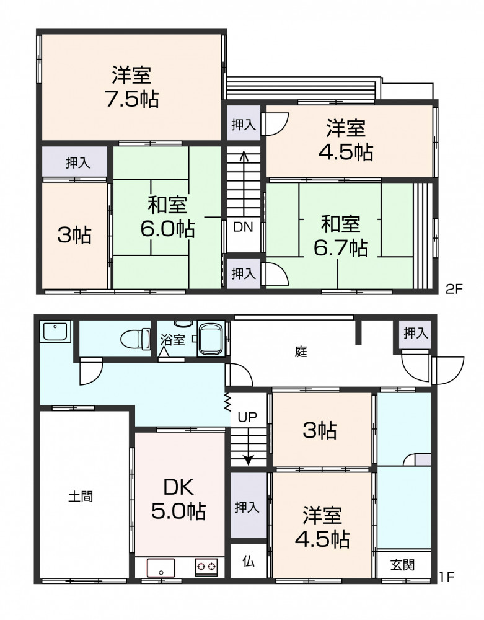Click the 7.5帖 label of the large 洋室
tap(132, 99)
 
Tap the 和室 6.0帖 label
tap(167, 216)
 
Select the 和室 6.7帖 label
tap(341, 236)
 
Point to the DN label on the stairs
tap(243, 227)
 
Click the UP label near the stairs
tap(247, 417)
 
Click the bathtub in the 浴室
tap(211, 338)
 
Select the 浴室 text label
tap(173, 339)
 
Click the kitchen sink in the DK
tap(161, 568)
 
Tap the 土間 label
tap(81, 496)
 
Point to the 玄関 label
tap(403, 565)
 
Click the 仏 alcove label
tap(249, 562)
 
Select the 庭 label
tap(301, 351)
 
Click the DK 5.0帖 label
tap(178, 499)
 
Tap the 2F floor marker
tap(454, 289)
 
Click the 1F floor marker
tap(447, 577)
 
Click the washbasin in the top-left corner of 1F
tap(55, 331)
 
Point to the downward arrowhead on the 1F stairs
tap(248, 460)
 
